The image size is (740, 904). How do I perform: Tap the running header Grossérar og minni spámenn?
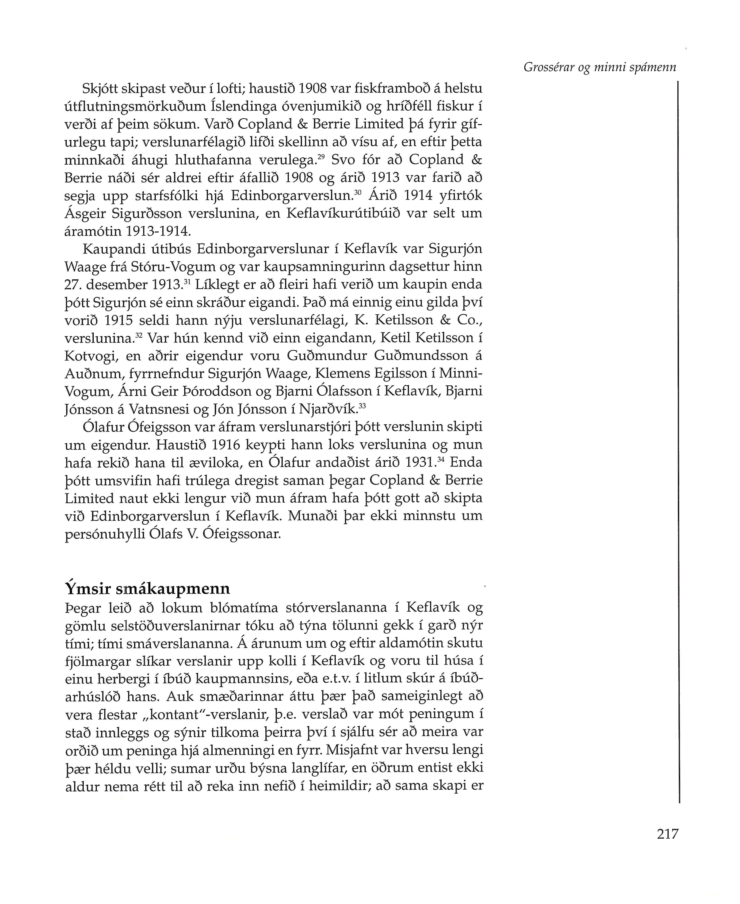tap(600, 67)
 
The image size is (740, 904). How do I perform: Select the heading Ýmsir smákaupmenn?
tap(148, 589)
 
